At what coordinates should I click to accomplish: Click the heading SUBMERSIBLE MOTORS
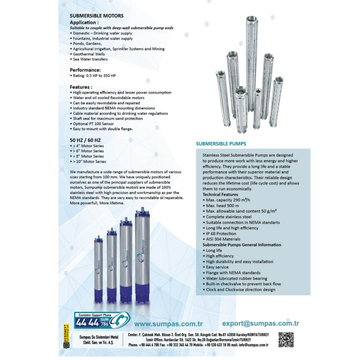coord(97,16)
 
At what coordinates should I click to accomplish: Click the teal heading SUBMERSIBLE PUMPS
coord(221,144)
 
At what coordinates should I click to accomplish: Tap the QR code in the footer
coord(286,340)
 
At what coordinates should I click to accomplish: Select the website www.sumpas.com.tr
coord(168,324)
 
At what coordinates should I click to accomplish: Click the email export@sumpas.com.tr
coord(261,323)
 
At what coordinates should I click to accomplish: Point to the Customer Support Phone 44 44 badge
coord(102,320)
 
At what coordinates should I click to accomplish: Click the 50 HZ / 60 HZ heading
coord(85,140)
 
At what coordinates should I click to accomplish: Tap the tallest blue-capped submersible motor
coord(142,255)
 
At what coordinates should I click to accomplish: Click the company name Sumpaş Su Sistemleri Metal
coord(99,337)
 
